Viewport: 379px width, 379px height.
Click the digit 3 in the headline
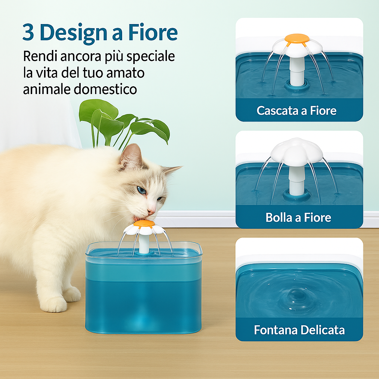coord(28,33)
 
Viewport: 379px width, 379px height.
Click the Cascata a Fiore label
coord(296,111)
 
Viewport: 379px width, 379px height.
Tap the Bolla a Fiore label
coord(298,217)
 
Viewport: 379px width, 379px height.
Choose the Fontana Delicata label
coord(299,330)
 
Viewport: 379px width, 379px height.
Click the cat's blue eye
coord(142,190)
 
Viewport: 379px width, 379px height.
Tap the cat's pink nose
coord(152,211)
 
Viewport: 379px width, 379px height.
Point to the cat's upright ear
coord(132,155)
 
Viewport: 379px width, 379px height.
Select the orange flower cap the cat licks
coord(144,224)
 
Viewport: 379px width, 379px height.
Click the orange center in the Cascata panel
coord(297,38)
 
